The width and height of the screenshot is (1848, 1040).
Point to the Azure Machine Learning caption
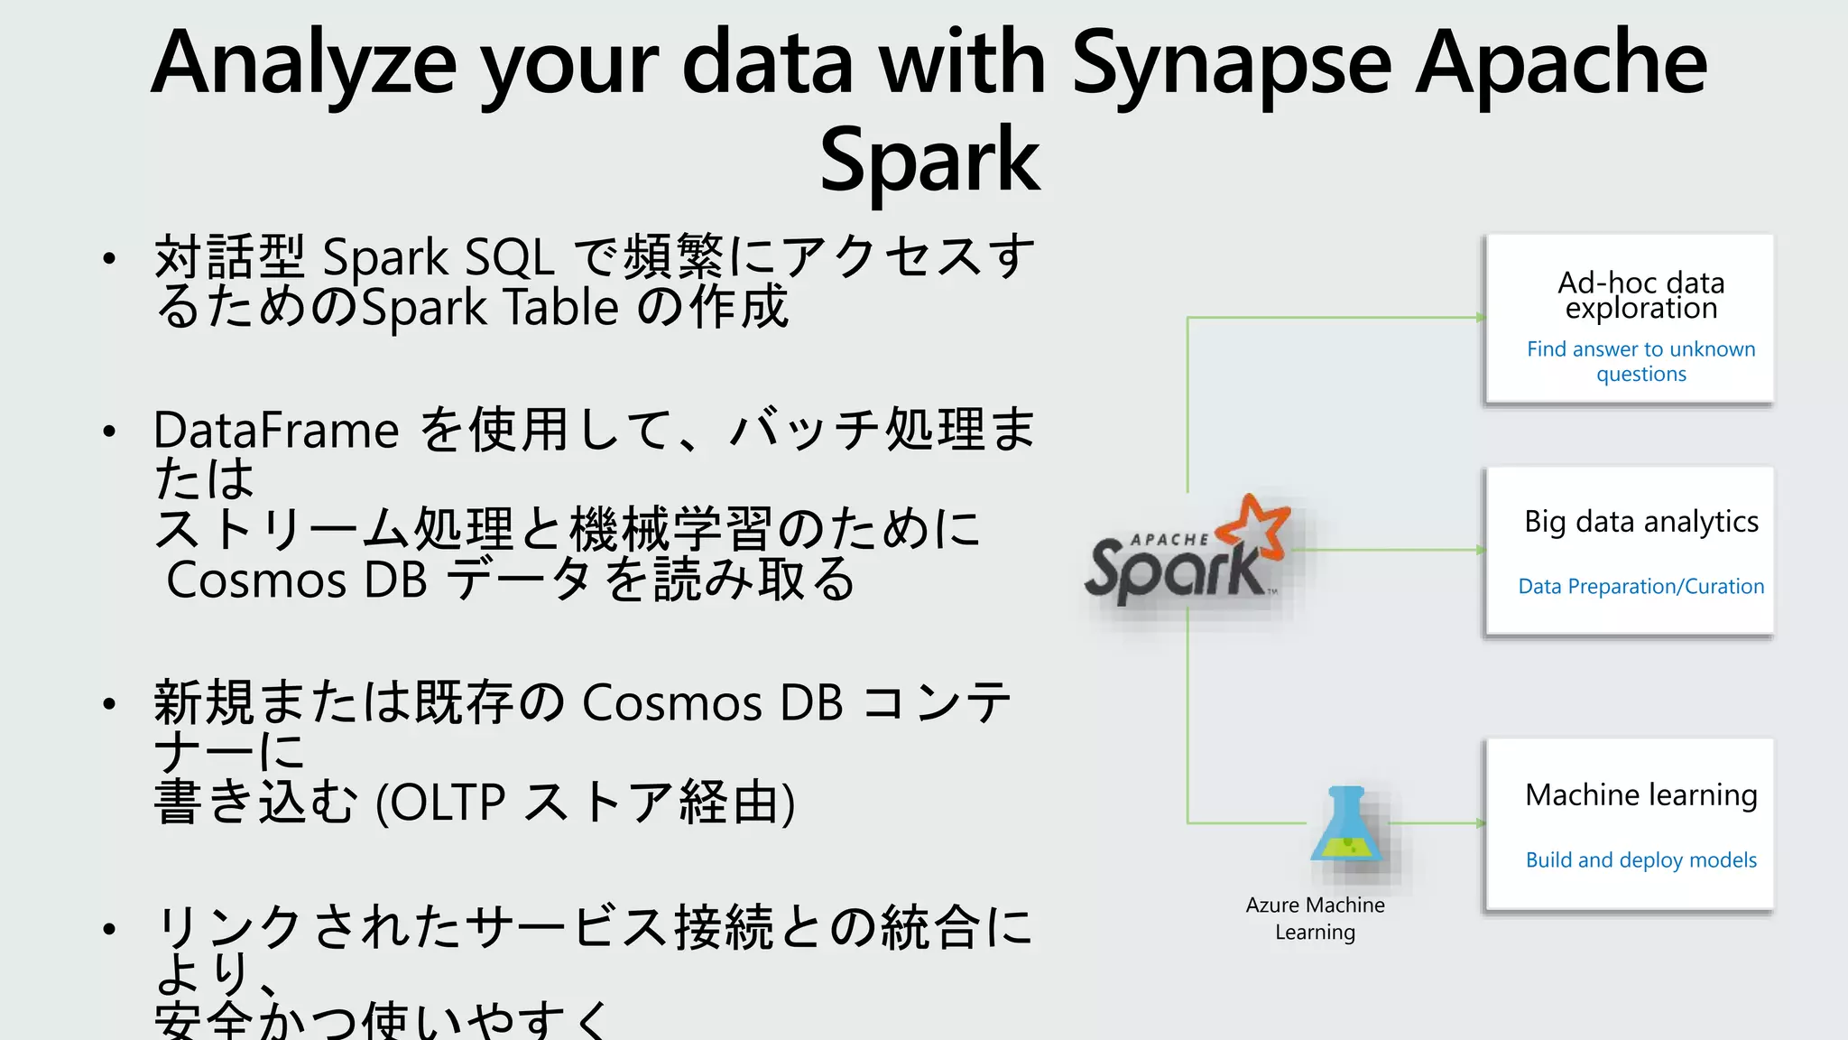tap(1315, 918)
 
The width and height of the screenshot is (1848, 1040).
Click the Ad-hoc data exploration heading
tap(1640, 295)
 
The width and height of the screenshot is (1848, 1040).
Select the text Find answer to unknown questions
tap(1640, 361)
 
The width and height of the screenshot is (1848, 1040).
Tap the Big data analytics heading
tap(1640, 522)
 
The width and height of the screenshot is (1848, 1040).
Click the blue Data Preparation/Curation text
tap(1640, 587)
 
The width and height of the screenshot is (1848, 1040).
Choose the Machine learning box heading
tap(1640, 795)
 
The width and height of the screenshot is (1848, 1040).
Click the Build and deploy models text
tap(1640, 860)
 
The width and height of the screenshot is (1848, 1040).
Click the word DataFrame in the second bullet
tap(276, 431)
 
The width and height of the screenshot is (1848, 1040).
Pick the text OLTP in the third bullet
tap(448, 802)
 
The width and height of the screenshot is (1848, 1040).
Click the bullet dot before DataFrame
tap(109, 432)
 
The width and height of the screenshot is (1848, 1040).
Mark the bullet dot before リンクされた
tap(109, 929)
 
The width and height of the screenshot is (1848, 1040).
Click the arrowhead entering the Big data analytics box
tap(1480, 550)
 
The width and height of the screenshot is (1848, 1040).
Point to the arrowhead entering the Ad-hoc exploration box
tap(1480, 318)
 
